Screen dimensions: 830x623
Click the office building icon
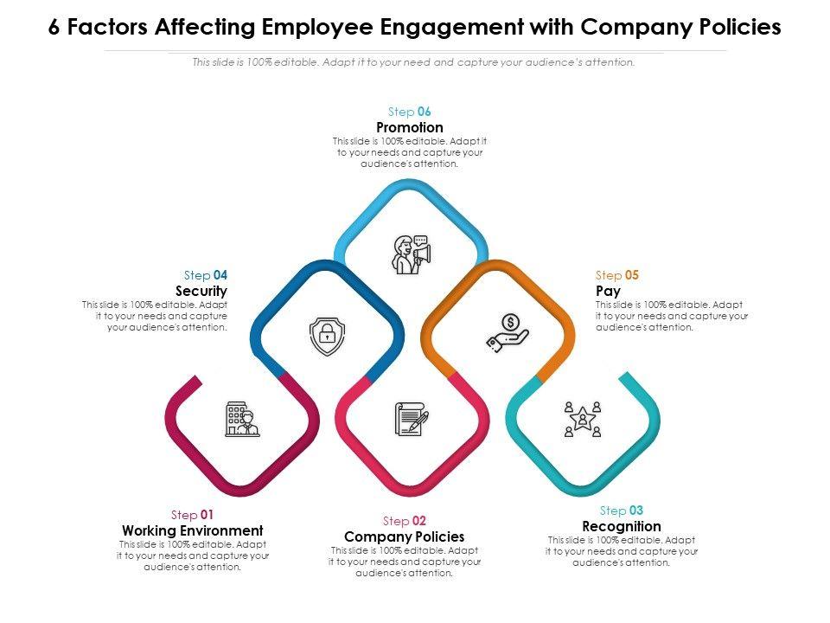coord(242,419)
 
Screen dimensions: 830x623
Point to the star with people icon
coord(582,419)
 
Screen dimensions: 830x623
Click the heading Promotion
coord(410,128)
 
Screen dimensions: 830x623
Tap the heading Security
coord(201,292)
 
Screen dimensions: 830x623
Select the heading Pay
coord(608,292)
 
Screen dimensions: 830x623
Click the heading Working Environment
coord(193,530)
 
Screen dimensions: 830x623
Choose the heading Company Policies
coord(405,536)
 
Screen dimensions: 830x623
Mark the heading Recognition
coord(622,526)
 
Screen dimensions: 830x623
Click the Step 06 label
coord(410,112)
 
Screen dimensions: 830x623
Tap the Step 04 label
coord(206,275)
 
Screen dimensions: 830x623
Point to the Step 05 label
coord(617,275)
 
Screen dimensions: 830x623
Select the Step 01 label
coord(193,515)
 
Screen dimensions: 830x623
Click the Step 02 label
coord(405,521)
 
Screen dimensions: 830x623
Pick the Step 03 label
coord(622,511)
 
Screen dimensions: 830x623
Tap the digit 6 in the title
coord(54,28)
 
